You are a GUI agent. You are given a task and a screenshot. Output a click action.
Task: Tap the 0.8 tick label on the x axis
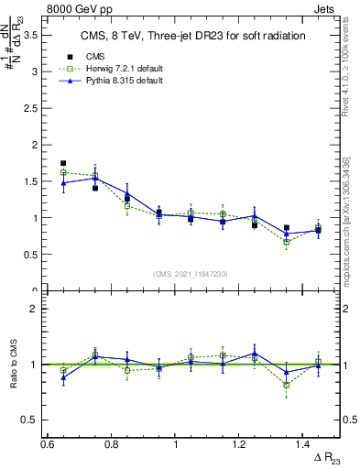112,444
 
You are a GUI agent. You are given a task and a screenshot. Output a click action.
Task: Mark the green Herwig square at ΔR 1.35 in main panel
287,243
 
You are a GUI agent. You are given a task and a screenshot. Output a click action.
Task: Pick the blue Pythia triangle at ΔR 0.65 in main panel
63,183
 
